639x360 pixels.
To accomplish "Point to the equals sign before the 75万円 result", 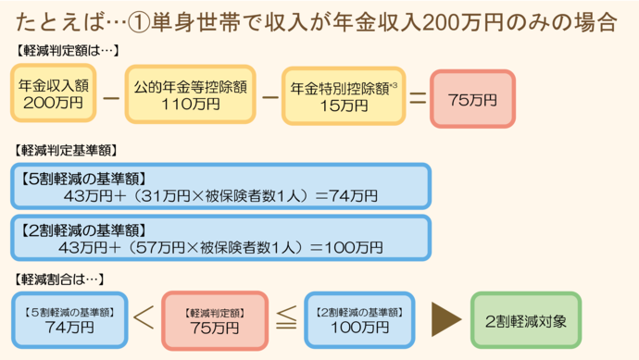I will pos(417,96).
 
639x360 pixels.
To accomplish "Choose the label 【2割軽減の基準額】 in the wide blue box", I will pos(82,229).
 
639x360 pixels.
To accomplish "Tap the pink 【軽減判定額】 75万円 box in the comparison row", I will pos(214,319).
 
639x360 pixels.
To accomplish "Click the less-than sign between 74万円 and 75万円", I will pos(142,320).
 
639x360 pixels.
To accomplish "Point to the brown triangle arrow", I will pos(446,319).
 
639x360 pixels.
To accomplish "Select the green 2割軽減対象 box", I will pos(525,319).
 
